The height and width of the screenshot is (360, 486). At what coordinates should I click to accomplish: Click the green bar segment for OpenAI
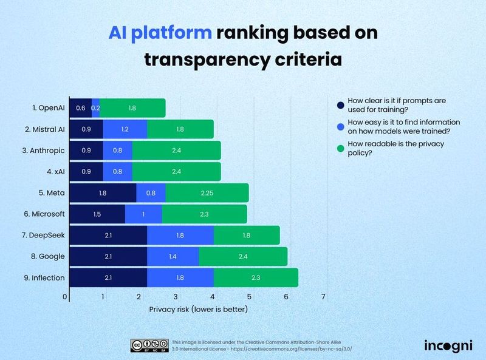(x=132, y=107)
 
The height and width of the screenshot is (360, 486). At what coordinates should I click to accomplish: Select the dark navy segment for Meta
(x=103, y=192)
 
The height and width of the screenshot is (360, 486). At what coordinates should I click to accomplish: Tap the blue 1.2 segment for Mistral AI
(x=125, y=129)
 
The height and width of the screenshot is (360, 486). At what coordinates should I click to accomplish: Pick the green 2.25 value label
(x=207, y=192)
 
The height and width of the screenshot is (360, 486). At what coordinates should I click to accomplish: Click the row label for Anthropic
(x=44, y=150)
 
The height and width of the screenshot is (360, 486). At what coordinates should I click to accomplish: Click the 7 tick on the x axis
(x=324, y=297)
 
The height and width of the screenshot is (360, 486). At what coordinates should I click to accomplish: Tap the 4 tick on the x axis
(x=213, y=297)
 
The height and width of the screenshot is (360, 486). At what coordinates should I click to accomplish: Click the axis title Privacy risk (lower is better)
(x=199, y=309)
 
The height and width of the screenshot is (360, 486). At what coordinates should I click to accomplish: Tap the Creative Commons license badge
(x=149, y=345)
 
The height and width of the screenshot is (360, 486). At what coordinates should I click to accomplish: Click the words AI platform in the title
(x=159, y=33)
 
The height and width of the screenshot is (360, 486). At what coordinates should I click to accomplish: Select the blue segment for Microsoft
(x=143, y=214)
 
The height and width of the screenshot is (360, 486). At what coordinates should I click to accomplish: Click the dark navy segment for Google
(x=108, y=256)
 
